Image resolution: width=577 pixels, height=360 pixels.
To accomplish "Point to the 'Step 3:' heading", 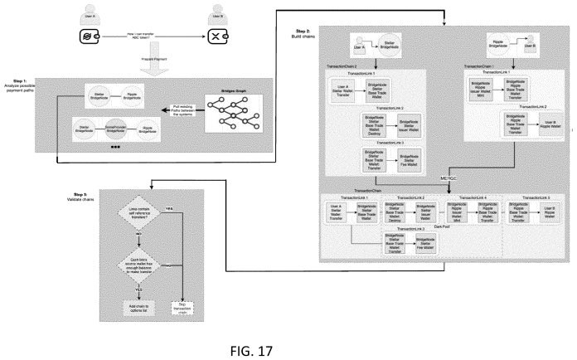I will click(75, 194).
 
